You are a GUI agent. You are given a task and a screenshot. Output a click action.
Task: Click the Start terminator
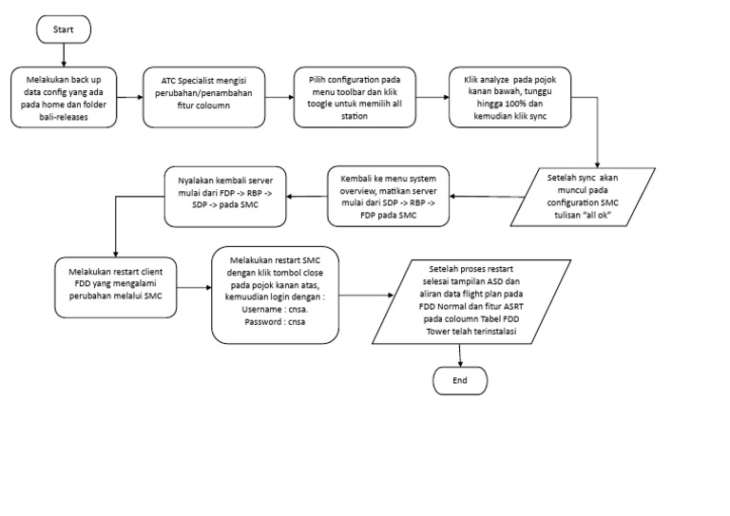click(64, 29)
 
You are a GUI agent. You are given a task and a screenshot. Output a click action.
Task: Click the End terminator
click(460, 380)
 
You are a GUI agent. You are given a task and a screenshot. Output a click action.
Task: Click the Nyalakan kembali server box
click(225, 197)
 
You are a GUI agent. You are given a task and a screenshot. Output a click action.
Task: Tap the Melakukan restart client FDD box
click(114, 283)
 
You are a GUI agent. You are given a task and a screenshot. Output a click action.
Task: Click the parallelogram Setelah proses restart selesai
click(472, 302)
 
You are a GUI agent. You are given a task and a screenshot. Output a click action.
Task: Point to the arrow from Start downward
click(63, 55)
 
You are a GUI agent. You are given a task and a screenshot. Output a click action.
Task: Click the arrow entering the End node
click(460, 355)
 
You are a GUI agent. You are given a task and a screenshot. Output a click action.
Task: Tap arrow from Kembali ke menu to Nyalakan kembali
click(306, 197)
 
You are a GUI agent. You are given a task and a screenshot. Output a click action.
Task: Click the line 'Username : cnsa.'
click(276, 310)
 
